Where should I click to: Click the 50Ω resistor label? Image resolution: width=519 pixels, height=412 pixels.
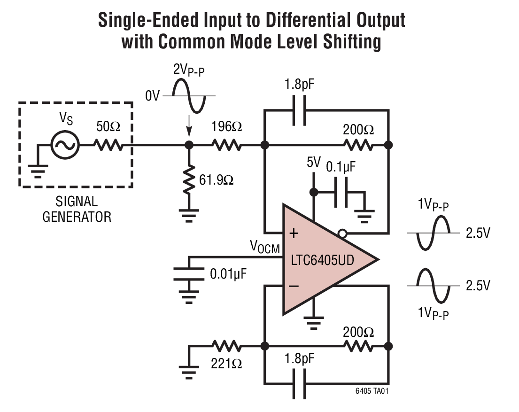(x=108, y=127)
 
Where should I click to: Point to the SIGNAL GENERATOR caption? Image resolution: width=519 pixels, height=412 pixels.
(x=76, y=209)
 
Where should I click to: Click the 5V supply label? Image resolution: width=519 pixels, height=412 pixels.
(x=314, y=163)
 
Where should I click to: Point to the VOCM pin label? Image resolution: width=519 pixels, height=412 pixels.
(x=264, y=247)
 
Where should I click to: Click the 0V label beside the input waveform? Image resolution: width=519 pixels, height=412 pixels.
(x=152, y=97)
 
